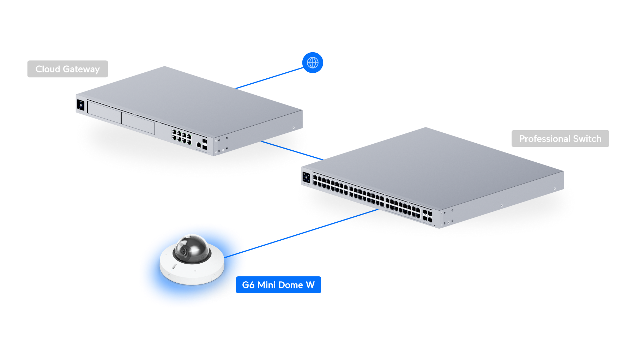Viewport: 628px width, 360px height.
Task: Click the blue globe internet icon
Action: [x=313, y=63]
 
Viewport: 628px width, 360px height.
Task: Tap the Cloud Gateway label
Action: [x=68, y=69]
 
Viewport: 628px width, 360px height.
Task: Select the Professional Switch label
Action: [x=560, y=139]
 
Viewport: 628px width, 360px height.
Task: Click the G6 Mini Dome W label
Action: [x=278, y=285]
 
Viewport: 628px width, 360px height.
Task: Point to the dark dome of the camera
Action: [x=192, y=249]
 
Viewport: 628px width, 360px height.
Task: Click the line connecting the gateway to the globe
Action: [x=270, y=78]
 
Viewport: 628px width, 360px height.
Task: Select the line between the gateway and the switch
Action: [x=292, y=150]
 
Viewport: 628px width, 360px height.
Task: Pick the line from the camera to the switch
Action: [x=301, y=233]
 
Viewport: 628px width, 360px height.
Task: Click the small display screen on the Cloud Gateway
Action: [x=81, y=105]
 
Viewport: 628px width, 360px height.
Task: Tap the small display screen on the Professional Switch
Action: [x=306, y=178]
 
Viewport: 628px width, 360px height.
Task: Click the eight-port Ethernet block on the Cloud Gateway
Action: [x=182, y=137]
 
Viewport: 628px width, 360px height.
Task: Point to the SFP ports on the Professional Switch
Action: [x=427, y=216]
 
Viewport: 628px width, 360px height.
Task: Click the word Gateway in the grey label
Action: [x=81, y=69]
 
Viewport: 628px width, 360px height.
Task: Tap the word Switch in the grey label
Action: [x=587, y=139]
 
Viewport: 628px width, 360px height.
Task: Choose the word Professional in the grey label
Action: [x=545, y=139]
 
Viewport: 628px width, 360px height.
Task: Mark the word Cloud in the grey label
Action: [x=48, y=69]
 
